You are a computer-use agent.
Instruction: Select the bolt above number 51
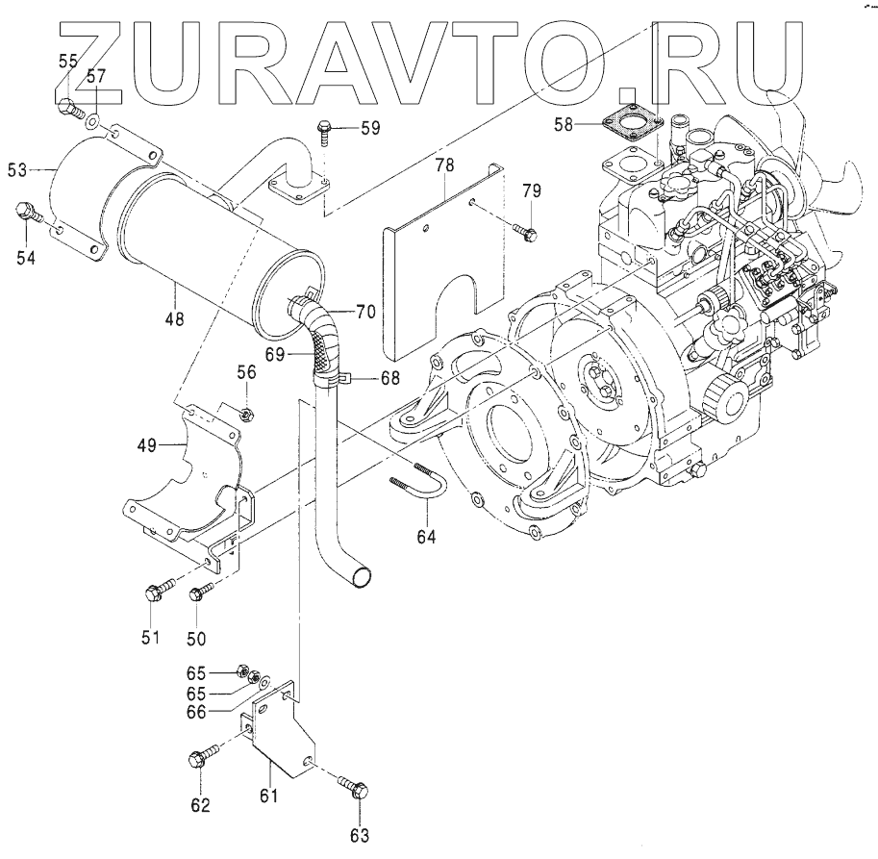[159, 588]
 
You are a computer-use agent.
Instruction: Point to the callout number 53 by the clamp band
[17, 169]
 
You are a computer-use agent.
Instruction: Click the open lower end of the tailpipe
[361, 576]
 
